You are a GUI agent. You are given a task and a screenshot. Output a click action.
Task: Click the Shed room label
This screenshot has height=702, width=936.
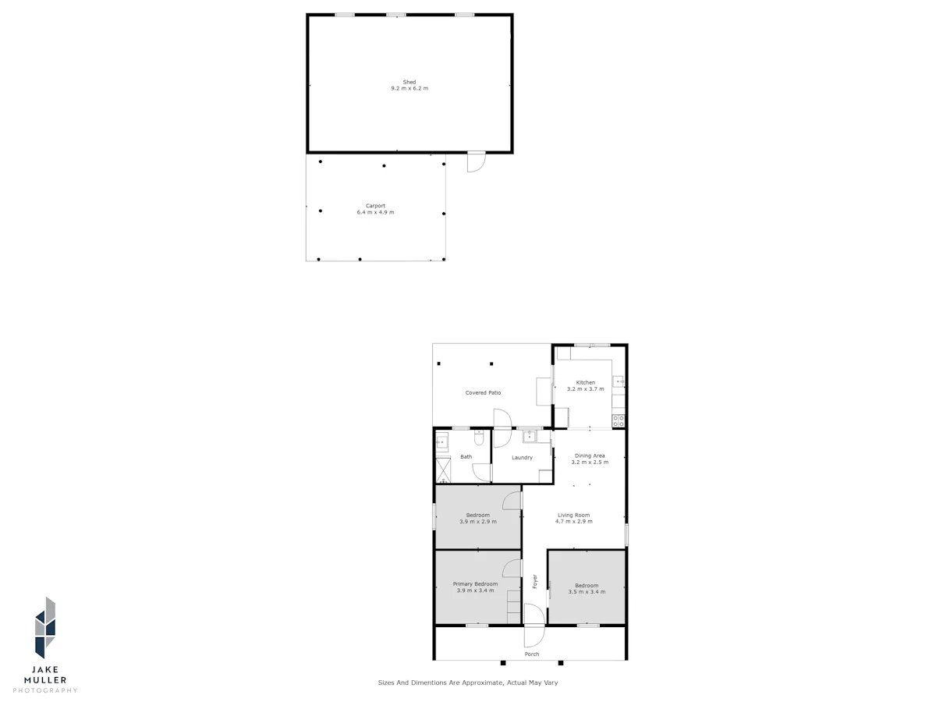click(409, 82)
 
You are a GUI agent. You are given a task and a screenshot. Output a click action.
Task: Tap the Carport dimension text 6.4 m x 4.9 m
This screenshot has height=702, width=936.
click(375, 212)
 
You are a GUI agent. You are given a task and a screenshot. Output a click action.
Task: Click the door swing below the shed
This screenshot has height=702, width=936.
click(477, 162)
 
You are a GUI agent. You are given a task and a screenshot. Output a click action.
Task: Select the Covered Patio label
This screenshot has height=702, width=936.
click(483, 392)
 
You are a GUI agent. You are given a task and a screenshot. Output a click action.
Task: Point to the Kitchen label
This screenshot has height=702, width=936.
click(585, 382)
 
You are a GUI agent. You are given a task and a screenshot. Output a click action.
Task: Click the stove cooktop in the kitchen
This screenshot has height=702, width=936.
click(618, 420)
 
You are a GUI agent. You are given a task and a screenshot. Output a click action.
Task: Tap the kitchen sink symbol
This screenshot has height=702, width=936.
click(619, 381)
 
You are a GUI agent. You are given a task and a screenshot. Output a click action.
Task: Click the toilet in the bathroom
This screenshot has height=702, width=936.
click(478, 438)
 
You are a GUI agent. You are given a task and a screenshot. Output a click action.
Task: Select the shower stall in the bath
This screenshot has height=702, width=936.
click(443, 470)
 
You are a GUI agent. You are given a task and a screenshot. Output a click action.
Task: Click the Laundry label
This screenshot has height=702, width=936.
click(522, 457)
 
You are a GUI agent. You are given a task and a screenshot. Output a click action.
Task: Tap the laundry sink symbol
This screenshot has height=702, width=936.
click(530, 437)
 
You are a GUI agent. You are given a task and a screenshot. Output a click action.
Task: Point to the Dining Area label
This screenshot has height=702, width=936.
click(590, 456)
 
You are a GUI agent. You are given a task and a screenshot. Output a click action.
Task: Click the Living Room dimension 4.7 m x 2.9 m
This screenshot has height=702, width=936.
click(573, 521)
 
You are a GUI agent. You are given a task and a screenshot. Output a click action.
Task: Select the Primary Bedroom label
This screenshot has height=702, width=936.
click(475, 584)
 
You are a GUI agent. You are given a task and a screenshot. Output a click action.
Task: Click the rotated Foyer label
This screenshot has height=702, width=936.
click(535, 581)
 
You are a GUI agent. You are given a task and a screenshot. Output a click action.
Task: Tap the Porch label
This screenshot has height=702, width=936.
click(531, 654)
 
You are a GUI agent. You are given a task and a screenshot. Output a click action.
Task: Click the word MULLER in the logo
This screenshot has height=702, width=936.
click(45, 680)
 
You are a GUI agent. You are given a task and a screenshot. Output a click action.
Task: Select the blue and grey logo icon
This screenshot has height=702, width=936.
click(44, 627)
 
